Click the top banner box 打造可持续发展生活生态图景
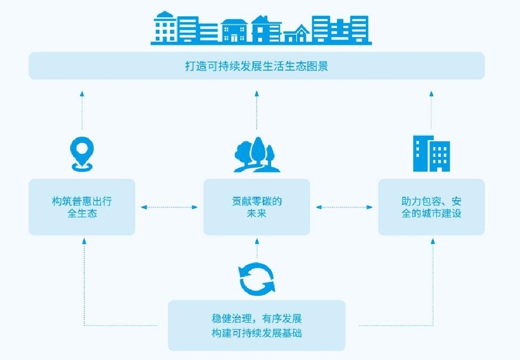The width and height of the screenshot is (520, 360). (257, 66)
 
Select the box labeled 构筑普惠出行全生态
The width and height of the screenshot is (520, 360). (82, 207)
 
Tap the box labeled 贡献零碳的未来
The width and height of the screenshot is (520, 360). (257, 207)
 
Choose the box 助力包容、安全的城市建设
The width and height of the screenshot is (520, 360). (431, 207)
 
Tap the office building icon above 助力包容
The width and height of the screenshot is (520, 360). (431, 154)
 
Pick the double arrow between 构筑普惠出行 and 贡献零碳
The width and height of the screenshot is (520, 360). (169, 207)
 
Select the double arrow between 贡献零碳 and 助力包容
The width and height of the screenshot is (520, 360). (344, 207)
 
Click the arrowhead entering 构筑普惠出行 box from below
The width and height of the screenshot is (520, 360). (84, 239)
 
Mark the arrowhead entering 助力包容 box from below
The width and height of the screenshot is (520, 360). (431, 239)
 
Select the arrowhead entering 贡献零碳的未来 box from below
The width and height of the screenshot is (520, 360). (257, 239)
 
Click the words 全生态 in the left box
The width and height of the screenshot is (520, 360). (82, 213)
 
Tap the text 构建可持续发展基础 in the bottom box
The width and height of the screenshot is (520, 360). (257, 333)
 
